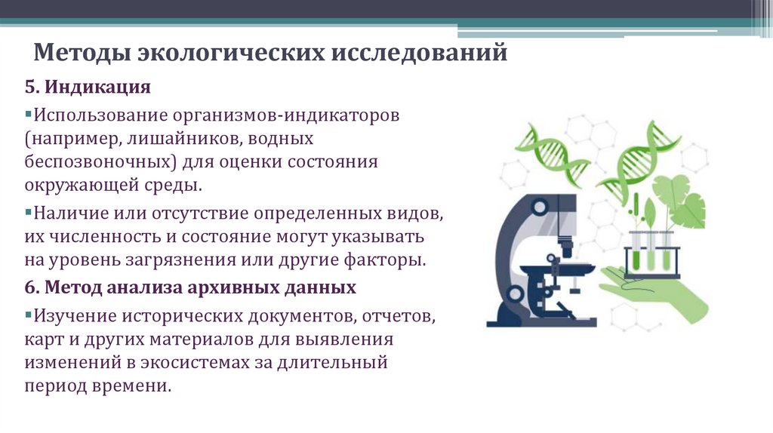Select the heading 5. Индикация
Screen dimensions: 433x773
click(x=88, y=88)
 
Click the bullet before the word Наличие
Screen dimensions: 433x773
click(x=27, y=212)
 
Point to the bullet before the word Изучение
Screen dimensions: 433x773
click(x=27, y=312)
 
